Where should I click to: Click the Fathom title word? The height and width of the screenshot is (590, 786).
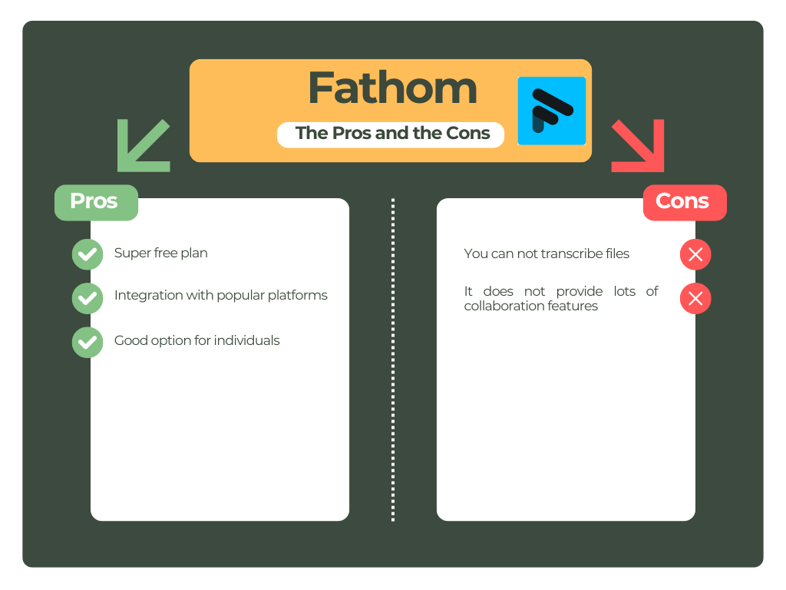tap(392, 88)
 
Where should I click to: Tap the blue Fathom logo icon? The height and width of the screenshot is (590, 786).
tap(551, 111)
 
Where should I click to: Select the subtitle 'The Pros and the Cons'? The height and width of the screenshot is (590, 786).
tap(391, 134)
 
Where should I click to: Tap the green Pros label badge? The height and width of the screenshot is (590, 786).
tap(96, 202)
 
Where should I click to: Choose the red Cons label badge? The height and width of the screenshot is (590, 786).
tap(684, 202)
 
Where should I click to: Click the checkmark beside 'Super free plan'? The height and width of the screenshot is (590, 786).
tap(88, 254)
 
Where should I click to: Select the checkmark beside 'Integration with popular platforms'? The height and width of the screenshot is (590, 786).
tap(88, 298)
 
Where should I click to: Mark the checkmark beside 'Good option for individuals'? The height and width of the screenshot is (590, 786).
tap(88, 343)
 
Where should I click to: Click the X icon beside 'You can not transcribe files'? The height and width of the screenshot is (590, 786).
tap(695, 255)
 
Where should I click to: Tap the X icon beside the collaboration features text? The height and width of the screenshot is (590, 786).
tap(695, 299)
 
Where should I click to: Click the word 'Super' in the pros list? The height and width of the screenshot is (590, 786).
tap(130, 253)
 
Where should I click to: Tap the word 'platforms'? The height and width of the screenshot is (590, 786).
tap(299, 296)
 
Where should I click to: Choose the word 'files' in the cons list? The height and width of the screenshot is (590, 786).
tap(616, 254)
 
